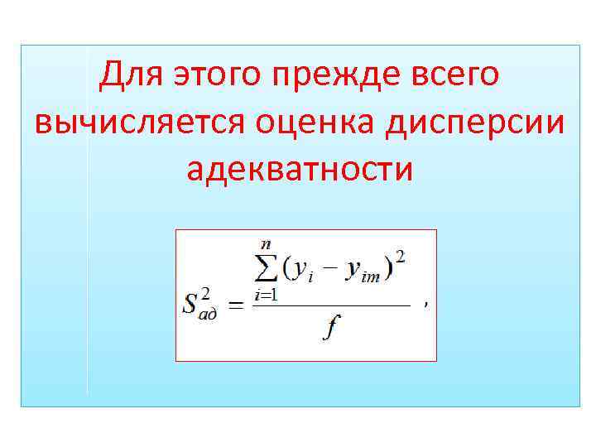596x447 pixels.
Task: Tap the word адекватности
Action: pyautogui.click(x=300, y=169)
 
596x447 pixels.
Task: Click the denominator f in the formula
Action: pyautogui.click(x=331, y=329)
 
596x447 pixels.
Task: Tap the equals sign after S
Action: pyautogui.click(x=236, y=305)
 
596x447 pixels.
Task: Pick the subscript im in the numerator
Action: pyautogui.click(x=371, y=277)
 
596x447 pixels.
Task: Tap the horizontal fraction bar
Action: pyautogui.click(x=331, y=305)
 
